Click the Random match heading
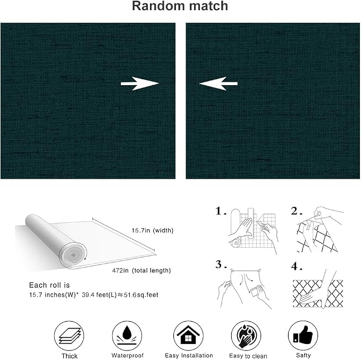coord(180,6)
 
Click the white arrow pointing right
coord(140,83)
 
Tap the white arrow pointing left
coord(219,83)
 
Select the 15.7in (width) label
coord(153,230)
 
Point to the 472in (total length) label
coord(141,271)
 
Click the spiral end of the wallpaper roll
coord(73,255)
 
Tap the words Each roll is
coord(49,285)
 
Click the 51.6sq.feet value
coord(141,295)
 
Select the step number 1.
coord(221,211)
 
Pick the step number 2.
coord(296,211)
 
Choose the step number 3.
coord(221,264)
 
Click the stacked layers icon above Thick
coord(69,336)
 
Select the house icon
coord(188,336)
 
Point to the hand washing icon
coord(246,336)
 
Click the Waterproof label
coord(127,355)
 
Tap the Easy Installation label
coord(189,355)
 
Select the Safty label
coord(303,355)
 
